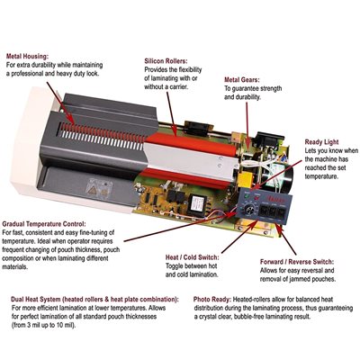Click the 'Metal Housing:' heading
coord(27,56)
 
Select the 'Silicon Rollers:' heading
coord(166,61)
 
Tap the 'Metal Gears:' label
coord(242,80)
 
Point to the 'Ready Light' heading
coord(321,142)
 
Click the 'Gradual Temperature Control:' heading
coord(44,224)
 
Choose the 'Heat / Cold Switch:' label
coord(193,257)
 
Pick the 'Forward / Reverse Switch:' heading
coord(297,262)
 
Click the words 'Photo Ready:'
coord(212,300)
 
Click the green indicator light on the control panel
coord(247,196)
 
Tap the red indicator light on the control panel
coord(256,198)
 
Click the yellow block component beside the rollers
coord(246,178)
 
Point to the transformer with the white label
coord(197,202)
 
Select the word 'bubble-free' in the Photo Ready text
coord(249,317)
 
